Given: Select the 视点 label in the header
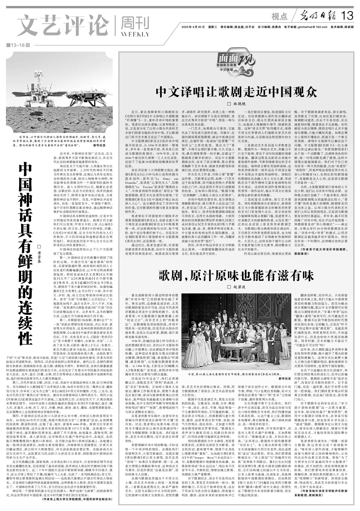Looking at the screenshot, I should click(x=280, y=17).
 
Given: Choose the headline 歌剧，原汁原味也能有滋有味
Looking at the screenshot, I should click(x=236, y=276).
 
